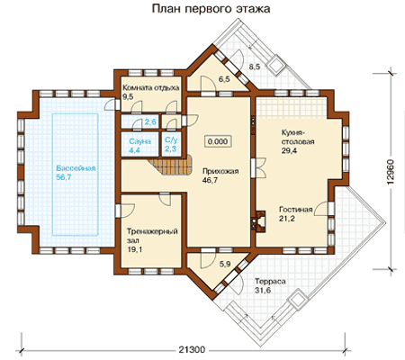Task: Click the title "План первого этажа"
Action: [x=211, y=9]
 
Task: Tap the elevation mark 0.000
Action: [x=218, y=141]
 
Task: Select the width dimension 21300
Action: [x=192, y=349]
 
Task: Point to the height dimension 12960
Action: [x=391, y=172]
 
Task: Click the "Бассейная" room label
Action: [x=76, y=168]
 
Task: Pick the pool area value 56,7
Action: [x=64, y=177]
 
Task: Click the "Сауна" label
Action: [x=139, y=141]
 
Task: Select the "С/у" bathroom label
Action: [x=171, y=140]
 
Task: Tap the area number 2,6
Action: [x=150, y=121]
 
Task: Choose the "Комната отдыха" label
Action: [x=151, y=87]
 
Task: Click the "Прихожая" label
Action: [x=220, y=171]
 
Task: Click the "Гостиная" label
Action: [x=296, y=210]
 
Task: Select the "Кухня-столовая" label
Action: [x=298, y=137]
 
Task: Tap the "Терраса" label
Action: [x=270, y=282]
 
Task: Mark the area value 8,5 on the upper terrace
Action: [x=255, y=67]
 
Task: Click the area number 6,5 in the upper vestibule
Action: [x=224, y=79]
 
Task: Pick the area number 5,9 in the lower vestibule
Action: [x=225, y=264]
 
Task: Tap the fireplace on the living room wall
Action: [x=260, y=220]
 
